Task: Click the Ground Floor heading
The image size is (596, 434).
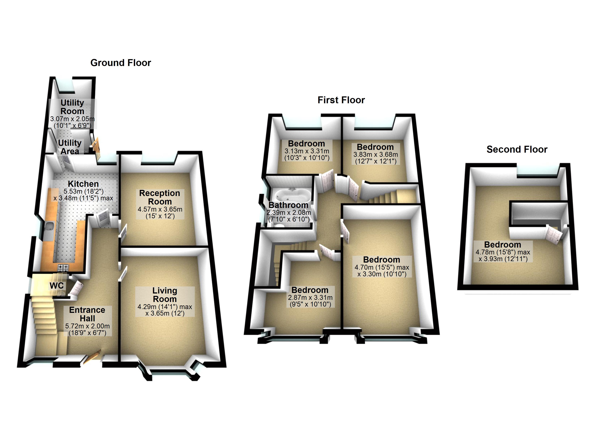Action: (x=121, y=63)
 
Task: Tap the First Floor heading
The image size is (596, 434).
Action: (x=341, y=100)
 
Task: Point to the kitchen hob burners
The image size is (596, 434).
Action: (x=63, y=268)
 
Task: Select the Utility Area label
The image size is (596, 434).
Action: (x=70, y=147)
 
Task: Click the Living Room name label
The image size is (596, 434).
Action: (x=165, y=295)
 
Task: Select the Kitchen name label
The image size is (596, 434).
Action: (x=83, y=184)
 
